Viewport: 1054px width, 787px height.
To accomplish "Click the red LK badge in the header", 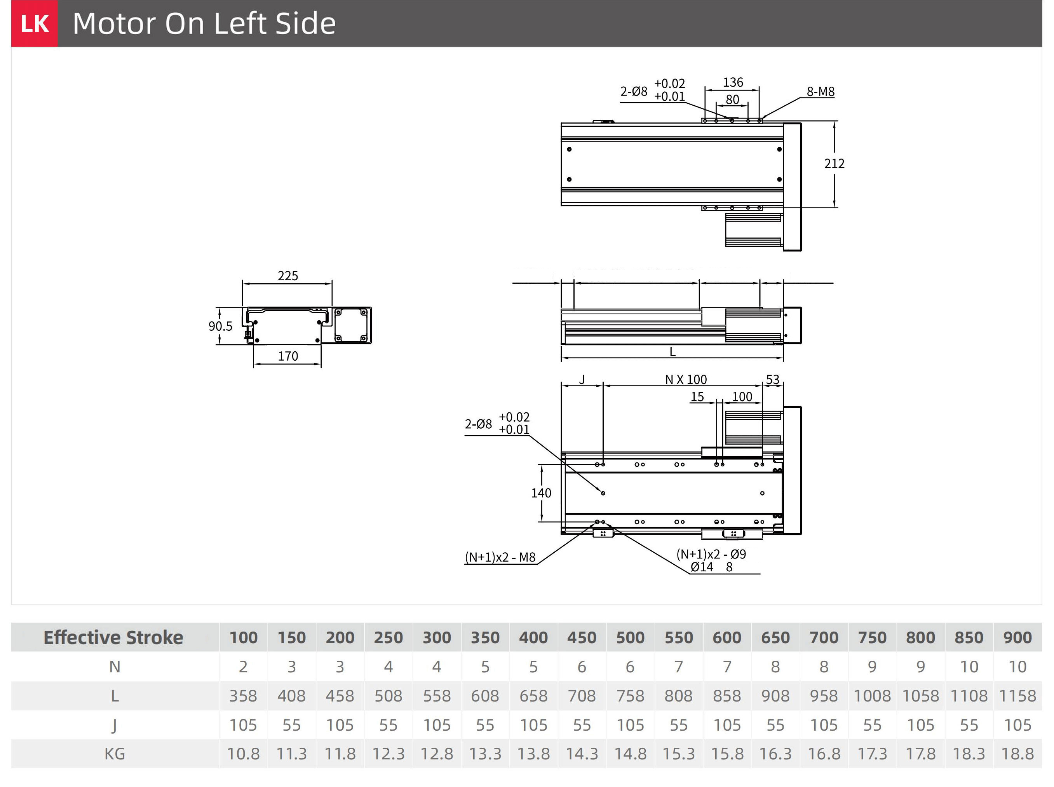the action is [x=34, y=23].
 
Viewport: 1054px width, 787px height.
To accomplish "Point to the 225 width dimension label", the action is [x=287, y=276].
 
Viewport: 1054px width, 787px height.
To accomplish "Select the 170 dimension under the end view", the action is [x=287, y=356].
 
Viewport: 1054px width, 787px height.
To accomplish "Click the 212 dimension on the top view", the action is [x=834, y=163].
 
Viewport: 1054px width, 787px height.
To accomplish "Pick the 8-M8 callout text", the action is [x=820, y=91].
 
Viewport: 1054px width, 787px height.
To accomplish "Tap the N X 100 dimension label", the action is [x=686, y=379].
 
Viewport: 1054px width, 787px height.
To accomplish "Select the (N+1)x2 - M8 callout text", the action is [x=500, y=557].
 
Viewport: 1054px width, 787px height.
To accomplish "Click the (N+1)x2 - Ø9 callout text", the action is [x=711, y=554].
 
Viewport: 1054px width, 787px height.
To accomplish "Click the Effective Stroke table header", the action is [x=113, y=637].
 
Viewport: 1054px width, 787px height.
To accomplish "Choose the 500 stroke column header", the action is [x=630, y=637].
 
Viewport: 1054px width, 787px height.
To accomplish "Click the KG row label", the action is [x=115, y=754].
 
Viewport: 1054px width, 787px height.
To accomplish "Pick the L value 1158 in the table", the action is [x=1017, y=696].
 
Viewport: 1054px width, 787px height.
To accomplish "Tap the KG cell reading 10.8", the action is [x=243, y=754].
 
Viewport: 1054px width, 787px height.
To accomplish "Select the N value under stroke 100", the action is [x=243, y=667].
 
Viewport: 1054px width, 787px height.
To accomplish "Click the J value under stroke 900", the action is [x=1017, y=725].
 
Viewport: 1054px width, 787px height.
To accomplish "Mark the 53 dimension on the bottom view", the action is [x=772, y=379].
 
